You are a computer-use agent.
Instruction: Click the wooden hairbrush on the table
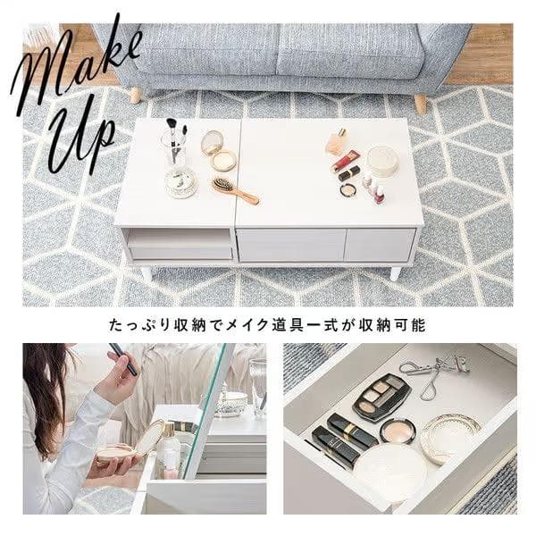pyautogui.click(x=234, y=189)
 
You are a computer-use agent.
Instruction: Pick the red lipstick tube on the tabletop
pyautogui.click(x=345, y=161)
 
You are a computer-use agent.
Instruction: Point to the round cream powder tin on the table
pyautogui.click(x=382, y=161)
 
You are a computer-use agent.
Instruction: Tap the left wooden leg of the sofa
pyautogui.click(x=136, y=95)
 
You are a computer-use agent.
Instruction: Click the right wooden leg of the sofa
pyautogui.click(x=420, y=104)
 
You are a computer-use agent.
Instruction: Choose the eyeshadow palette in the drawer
pyautogui.click(x=381, y=397)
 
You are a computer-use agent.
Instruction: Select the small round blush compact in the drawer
pyautogui.click(x=398, y=431)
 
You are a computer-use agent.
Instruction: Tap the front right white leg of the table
pyautogui.click(x=395, y=272)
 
